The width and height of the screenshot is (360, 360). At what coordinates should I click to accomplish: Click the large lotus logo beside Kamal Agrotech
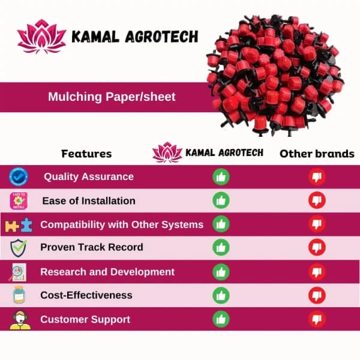coord(41,38)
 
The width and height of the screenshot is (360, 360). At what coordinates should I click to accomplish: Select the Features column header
coord(86,154)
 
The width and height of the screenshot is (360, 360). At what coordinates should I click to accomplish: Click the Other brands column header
coord(317,154)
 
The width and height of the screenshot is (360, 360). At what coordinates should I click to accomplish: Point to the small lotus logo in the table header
coord(167,152)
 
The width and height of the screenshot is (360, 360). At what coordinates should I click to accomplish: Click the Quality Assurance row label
coord(88,176)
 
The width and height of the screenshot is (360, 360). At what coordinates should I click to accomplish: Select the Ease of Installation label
coord(89,200)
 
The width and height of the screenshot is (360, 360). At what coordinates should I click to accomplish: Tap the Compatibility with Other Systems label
coord(122,224)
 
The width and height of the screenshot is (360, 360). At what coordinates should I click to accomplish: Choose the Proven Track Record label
coord(92,247)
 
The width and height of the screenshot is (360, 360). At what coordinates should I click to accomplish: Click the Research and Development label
coord(107,272)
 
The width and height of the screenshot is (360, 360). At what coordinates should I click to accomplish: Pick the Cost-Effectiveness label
coord(86,295)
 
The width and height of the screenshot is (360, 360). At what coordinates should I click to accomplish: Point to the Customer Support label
coord(85,319)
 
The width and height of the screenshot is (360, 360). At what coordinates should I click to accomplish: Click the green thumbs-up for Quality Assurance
coord(221,176)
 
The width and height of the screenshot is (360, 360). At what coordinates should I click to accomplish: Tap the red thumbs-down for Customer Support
coord(317,319)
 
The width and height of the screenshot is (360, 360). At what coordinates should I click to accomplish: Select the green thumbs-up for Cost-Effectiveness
coord(221,295)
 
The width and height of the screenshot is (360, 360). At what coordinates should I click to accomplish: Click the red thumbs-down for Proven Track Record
coord(317,247)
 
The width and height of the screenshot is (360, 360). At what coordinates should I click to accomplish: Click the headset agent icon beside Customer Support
coord(19,319)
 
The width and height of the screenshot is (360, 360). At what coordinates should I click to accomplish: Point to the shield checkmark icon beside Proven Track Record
coord(19,248)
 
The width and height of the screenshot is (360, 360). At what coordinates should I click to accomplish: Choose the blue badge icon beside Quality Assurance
coord(19,177)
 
